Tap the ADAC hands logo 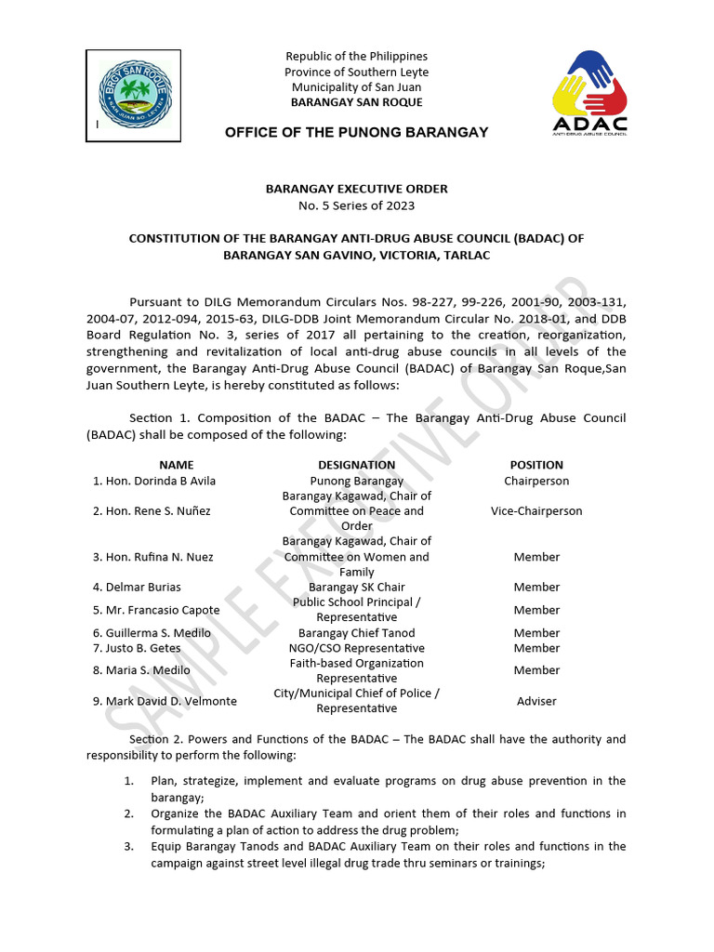point(589,90)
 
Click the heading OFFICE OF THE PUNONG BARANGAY point(356,133)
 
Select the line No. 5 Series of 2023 point(356,205)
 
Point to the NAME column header point(177,465)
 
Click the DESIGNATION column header point(356,465)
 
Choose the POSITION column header point(536,465)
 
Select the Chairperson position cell point(536,482)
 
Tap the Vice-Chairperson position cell point(536,511)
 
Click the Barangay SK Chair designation point(356,588)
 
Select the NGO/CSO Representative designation point(356,648)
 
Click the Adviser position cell point(536,701)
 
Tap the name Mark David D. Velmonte point(165,701)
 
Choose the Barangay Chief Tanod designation point(356,633)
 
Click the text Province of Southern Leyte point(356,73)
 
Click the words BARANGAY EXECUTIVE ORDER point(356,189)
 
